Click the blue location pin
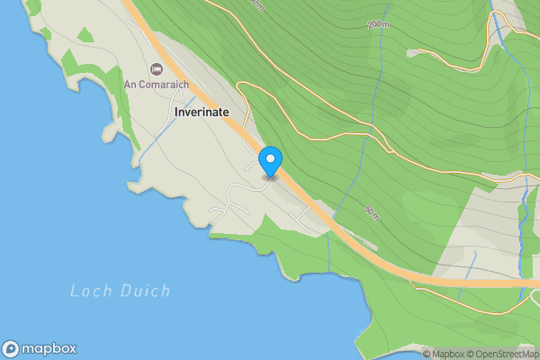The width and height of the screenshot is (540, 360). coord(270,162)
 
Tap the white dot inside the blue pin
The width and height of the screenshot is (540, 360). coord(270,159)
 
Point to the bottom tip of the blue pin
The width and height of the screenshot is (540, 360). coord(270,177)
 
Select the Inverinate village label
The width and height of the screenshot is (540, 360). coord(201,111)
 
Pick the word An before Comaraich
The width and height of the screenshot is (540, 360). coord(130,85)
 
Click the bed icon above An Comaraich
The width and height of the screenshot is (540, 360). coord(156,69)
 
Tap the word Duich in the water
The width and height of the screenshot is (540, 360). coord(146,291)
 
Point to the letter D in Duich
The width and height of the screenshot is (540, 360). coord(128,291)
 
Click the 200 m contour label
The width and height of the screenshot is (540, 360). coord(378,25)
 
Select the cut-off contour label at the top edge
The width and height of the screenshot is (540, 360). coord(258,4)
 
